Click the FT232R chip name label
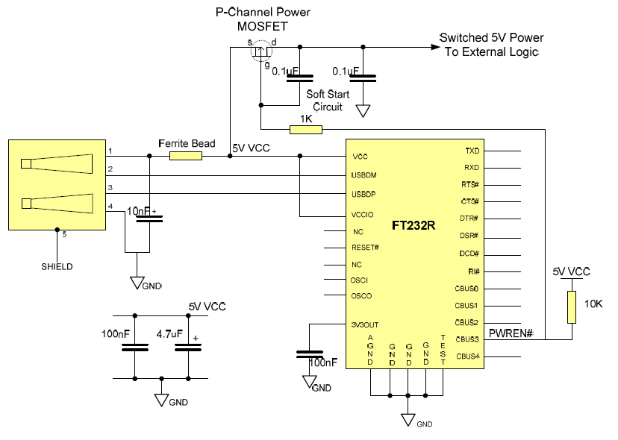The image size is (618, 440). [x=413, y=224]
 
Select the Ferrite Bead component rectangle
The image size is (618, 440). [x=186, y=156]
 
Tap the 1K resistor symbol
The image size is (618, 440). [x=305, y=130]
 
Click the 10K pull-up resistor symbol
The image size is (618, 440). [x=572, y=307]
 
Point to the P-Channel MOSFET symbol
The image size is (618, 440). [x=260, y=52]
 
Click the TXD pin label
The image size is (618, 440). [x=472, y=151]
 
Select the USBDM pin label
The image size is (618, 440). [x=366, y=176]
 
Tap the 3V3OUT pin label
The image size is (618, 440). [x=366, y=324]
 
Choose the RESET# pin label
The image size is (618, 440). [x=366, y=247]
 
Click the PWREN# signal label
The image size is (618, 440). [x=511, y=332]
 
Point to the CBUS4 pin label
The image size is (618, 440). [x=467, y=356]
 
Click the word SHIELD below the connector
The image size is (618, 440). [x=57, y=266]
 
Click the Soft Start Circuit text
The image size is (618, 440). [x=328, y=101]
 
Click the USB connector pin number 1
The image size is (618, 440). [x=110, y=151]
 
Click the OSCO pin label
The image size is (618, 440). [x=362, y=296]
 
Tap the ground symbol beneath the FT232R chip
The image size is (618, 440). [x=408, y=418]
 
